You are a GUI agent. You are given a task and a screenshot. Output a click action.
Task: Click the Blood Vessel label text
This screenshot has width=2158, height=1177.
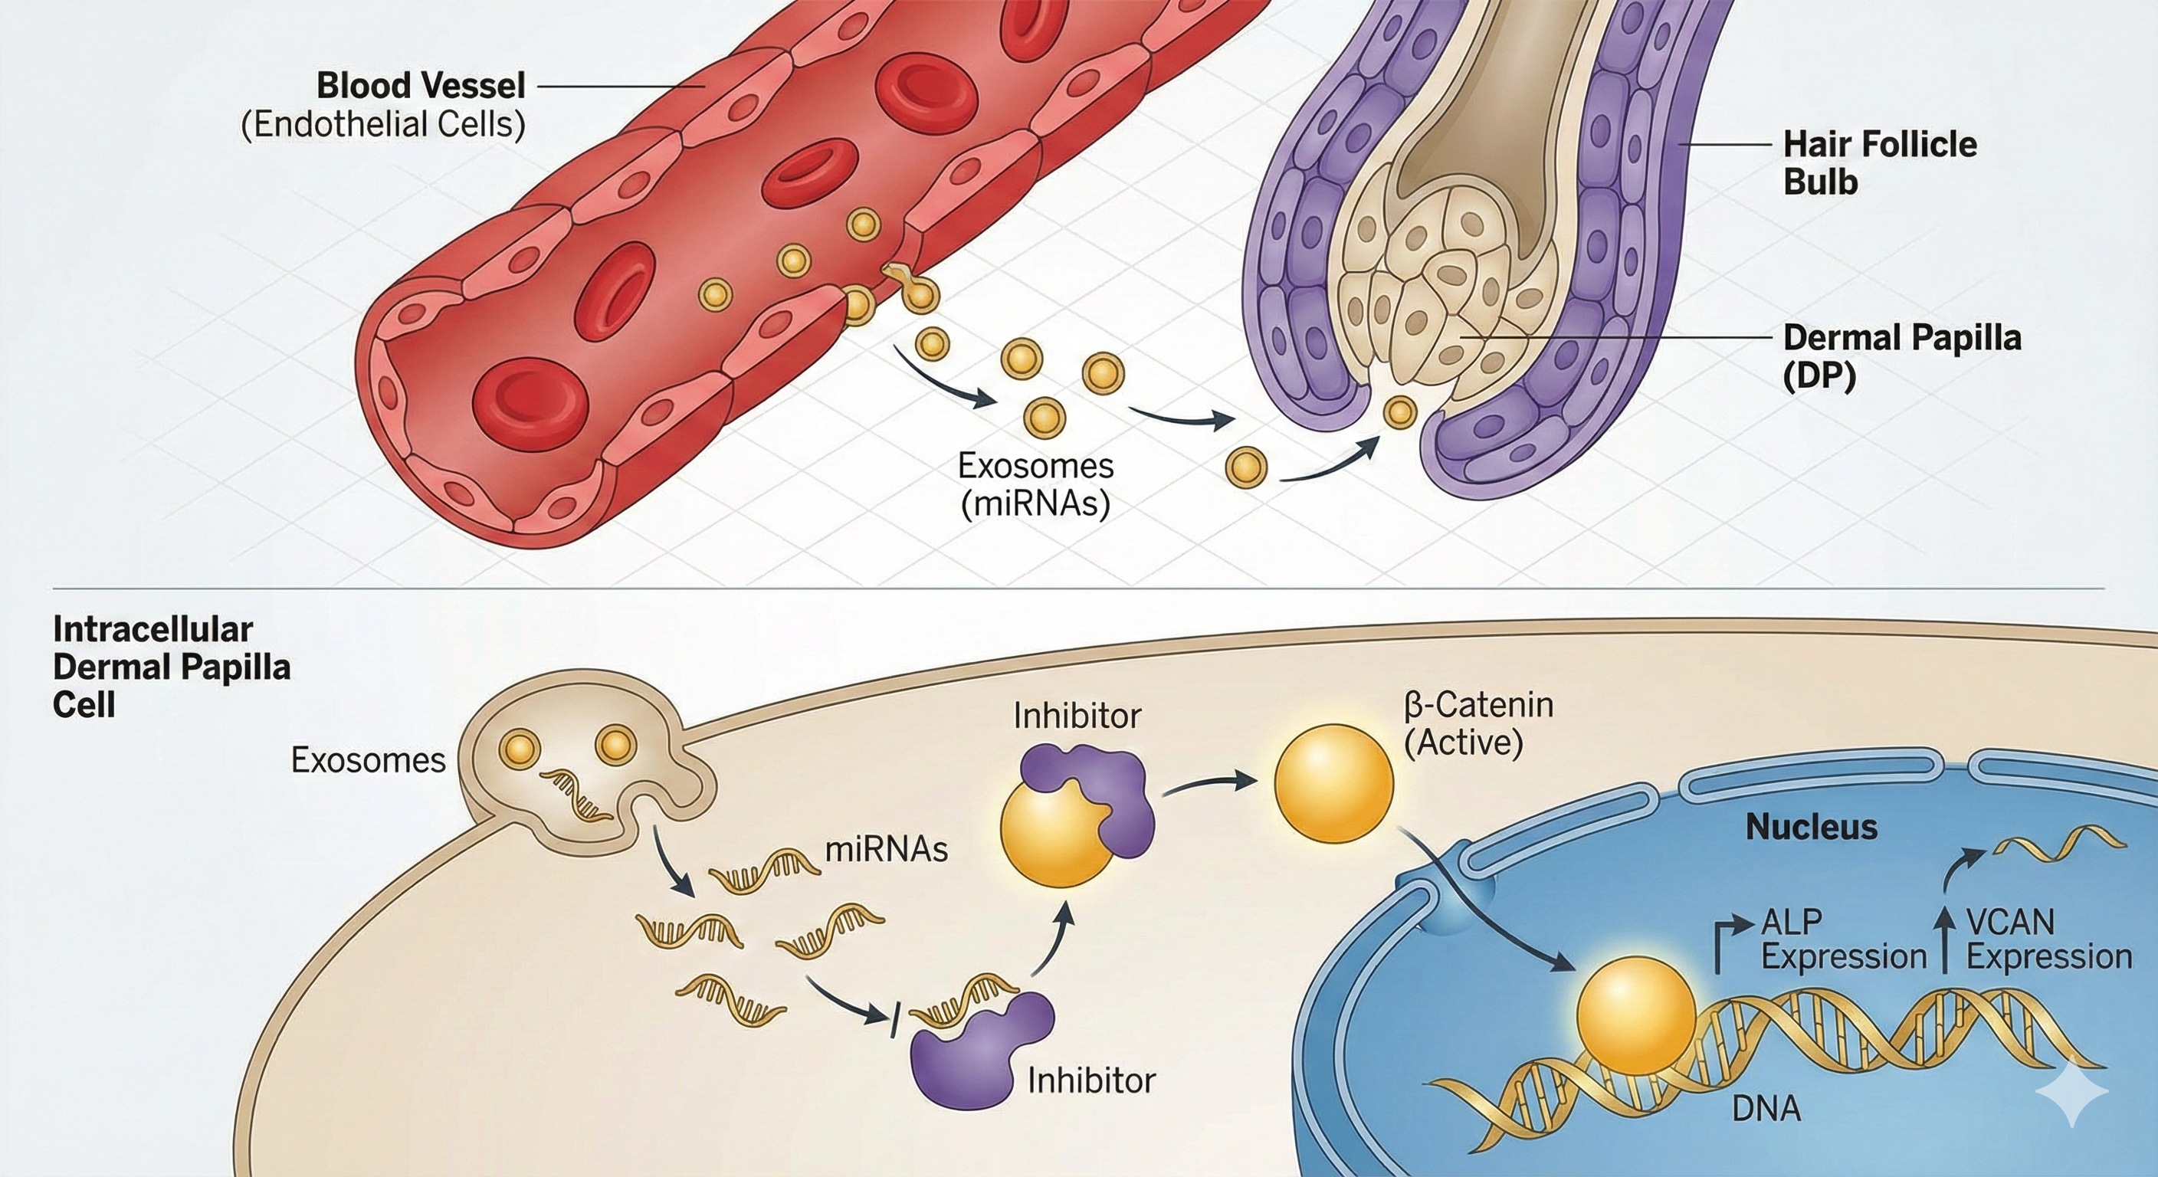click(421, 87)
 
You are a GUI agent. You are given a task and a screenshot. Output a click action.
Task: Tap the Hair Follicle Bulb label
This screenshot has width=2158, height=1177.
click(1879, 162)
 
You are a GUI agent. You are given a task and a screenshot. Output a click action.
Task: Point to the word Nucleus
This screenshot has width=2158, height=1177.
click(1811, 828)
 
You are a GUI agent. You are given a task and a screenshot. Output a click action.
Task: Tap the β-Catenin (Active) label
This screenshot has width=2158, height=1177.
click(1478, 723)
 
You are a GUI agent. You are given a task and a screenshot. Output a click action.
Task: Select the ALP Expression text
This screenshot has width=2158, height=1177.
click(1843, 939)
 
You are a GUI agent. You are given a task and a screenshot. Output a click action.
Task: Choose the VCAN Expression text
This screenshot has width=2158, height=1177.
click(2048, 939)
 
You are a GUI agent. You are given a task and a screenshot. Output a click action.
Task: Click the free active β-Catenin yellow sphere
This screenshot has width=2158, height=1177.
click(1333, 783)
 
